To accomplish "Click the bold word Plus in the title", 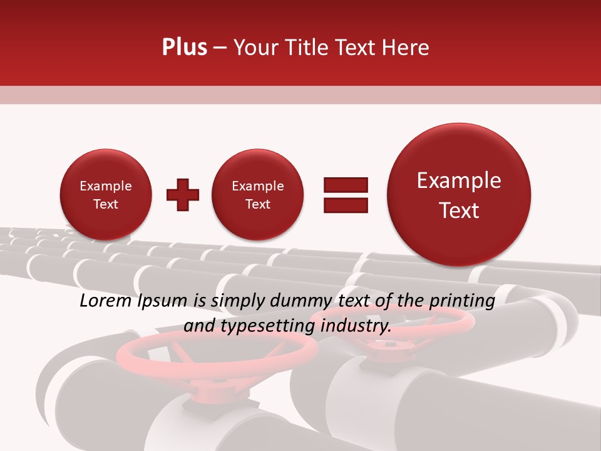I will coord(184,48).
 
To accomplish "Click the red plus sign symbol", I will coord(183,195).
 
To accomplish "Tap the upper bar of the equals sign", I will coord(345,185).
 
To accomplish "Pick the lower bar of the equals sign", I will coord(345,205).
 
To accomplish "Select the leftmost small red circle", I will coord(105,195).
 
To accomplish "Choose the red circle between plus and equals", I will coord(257,195).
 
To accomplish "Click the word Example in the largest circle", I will coord(459,180).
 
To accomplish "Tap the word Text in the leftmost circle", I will coord(105,204).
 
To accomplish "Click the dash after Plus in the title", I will coord(220,48).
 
